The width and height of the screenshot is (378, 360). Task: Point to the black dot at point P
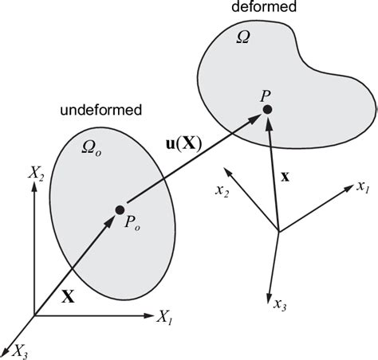pos(268,109)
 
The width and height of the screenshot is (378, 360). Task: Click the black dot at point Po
pos(120,209)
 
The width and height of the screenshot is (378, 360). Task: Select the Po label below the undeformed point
pos(130,226)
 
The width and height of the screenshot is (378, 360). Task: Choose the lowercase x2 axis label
pos(222,193)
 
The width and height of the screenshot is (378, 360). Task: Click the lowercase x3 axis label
pos(280,304)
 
